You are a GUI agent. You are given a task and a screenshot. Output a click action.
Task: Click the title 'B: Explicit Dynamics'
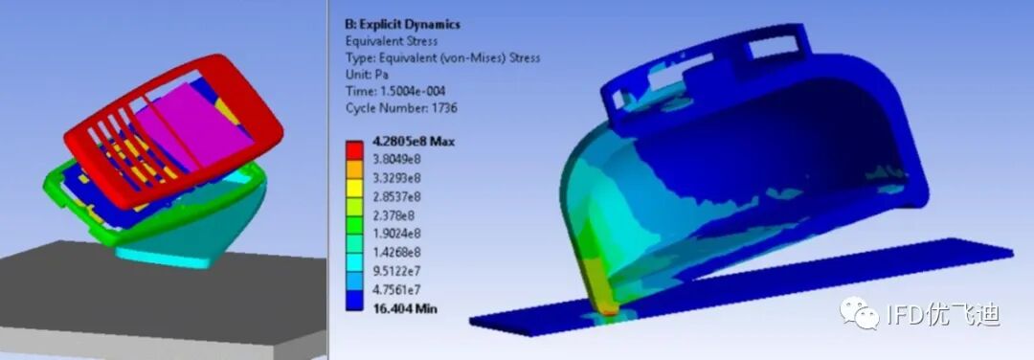coord(402,24)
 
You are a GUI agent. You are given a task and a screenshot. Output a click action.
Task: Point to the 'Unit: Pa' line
coord(367,75)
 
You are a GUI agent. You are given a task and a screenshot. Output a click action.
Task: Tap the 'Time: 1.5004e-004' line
coord(395,91)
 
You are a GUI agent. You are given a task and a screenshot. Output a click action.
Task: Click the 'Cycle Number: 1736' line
coord(401,107)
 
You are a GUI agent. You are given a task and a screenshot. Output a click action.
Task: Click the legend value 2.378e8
coord(391,214)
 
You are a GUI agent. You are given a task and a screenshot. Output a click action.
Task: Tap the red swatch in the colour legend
coord(354,150)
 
